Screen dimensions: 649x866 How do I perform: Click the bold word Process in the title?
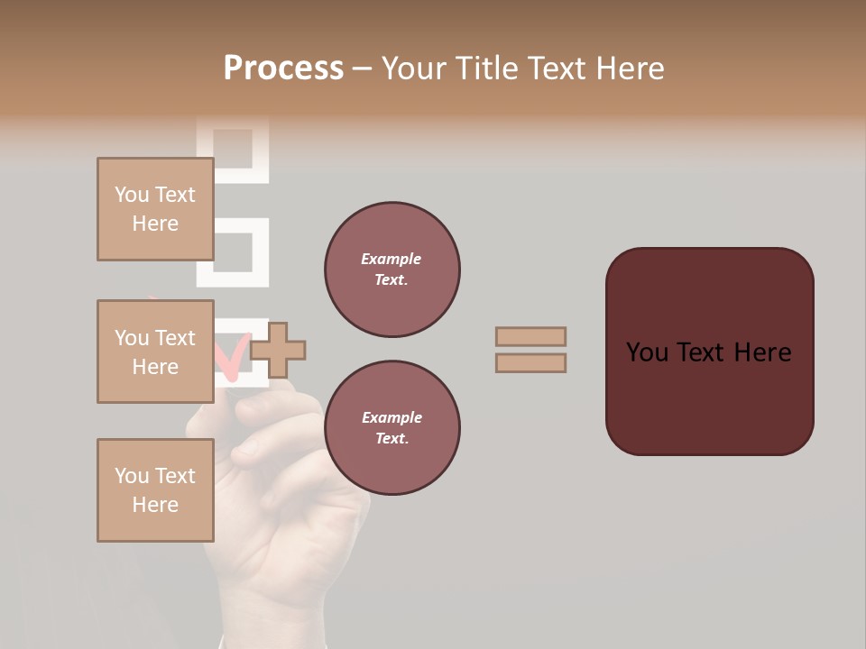tap(283, 69)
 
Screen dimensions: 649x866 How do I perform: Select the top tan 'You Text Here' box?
tap(155, 209)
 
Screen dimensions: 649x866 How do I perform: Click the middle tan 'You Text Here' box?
tap(155, 352)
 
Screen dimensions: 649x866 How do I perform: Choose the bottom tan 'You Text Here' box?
tap(155, 490)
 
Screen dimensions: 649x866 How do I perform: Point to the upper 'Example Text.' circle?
tap(392, 269)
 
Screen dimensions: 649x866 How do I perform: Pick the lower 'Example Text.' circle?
tap(392, 427)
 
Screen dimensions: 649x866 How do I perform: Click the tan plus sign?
tap(278, 351)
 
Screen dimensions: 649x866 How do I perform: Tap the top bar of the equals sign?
tap(530, 336)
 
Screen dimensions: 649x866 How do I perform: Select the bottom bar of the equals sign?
tap(530, 363)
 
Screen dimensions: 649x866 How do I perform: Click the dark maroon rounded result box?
tap(709, 352)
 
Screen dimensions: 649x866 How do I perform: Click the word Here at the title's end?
tap(631, 69)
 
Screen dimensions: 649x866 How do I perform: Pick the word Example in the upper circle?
tap(391, 259)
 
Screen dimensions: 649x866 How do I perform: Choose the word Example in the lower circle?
tap(391, 417)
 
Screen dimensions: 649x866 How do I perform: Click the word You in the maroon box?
tap(648, 352)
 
